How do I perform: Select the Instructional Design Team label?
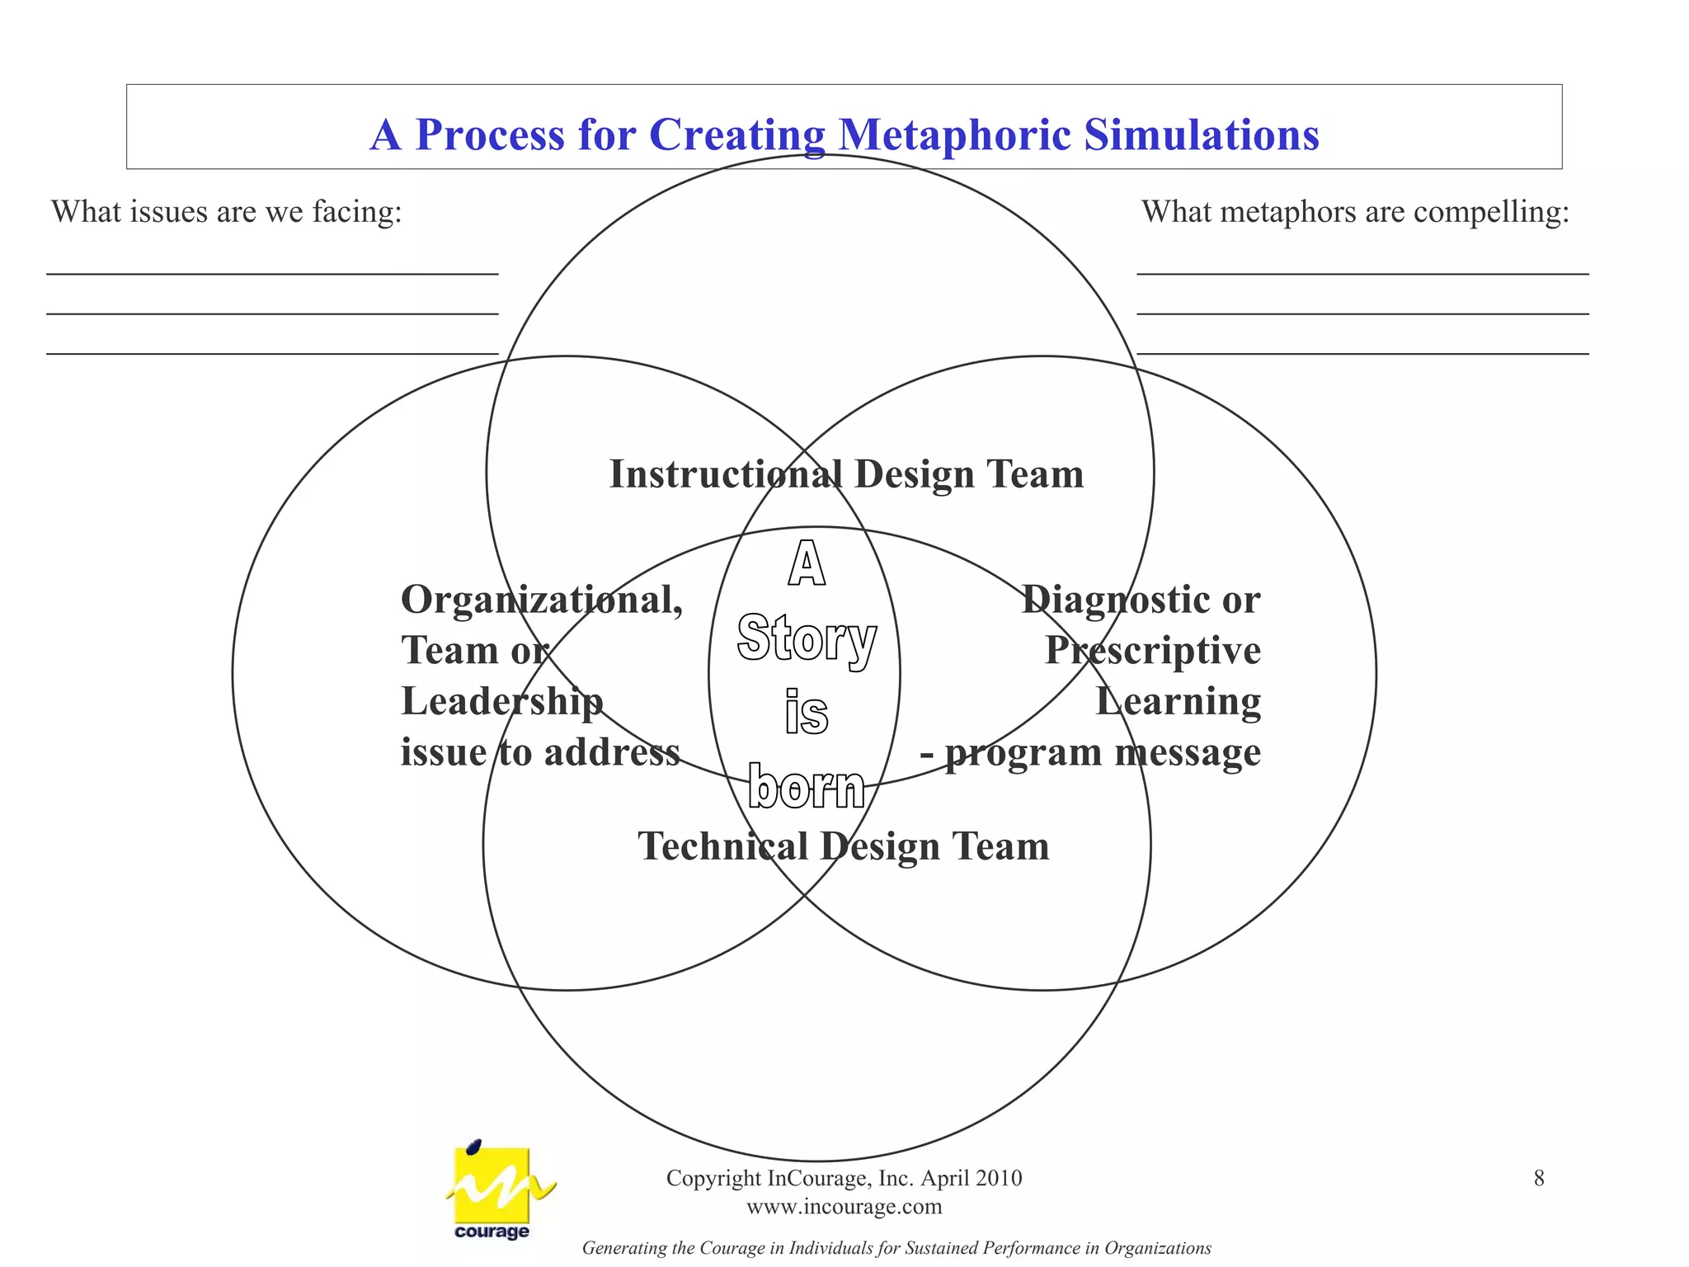(846, 474)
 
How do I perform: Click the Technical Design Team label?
(843, 846)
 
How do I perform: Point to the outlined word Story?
(806, 639)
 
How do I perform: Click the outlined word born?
(806, 788)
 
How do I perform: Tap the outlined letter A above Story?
(806, 565)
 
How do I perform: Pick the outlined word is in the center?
(806, 714)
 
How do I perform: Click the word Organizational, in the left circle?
(542, 600)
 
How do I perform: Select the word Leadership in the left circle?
(502, 702)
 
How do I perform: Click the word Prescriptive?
(1153, 651)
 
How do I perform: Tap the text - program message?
(1090, 752)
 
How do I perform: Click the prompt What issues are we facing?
(227, 212)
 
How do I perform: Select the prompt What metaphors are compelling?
(1355, 212)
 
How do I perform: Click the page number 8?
(1539, 1178)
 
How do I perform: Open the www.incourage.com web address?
(844, 1207)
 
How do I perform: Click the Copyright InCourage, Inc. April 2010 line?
(844, 1178)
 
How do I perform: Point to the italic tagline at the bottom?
(896, 1248)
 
